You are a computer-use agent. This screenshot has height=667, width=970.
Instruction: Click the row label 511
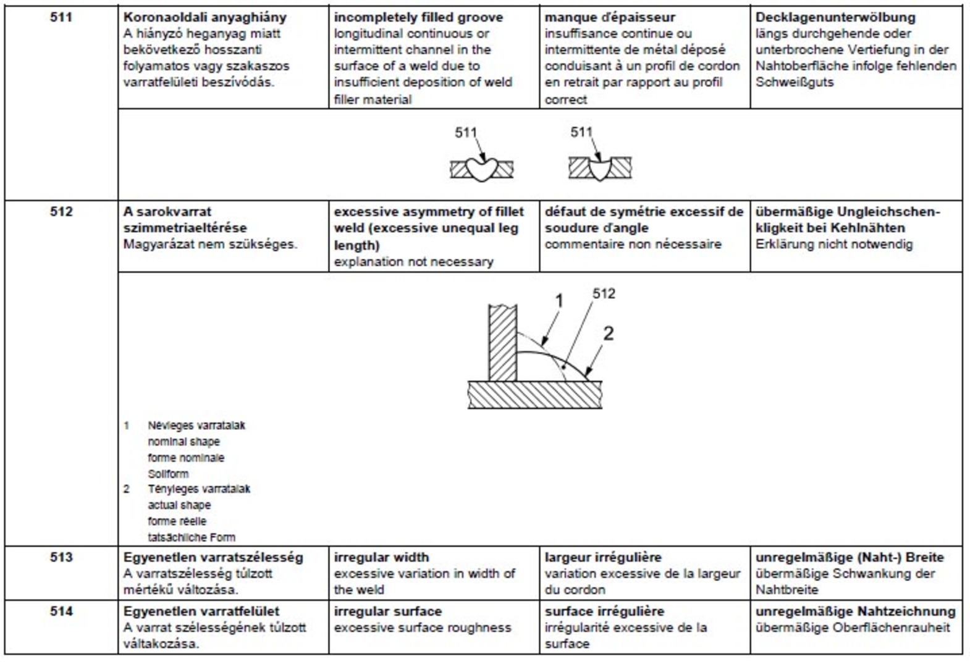click(61, 17)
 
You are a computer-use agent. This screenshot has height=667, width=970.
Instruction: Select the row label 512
click(61, 212)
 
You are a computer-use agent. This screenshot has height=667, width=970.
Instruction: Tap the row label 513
click(61, 557)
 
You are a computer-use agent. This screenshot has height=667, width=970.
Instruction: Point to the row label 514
click(61, 611)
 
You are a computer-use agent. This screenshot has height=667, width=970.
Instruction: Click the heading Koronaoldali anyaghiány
click(205, 18)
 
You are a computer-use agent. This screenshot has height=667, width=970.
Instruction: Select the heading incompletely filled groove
click(418, 18)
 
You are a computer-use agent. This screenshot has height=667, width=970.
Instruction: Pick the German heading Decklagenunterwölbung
click(835, 18)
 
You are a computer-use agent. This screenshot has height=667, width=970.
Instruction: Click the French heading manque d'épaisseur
click(610, 18)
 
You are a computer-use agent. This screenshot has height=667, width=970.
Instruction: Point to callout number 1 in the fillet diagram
click(559, 301)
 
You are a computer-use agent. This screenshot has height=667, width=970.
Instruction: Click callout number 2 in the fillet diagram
click(609, 333)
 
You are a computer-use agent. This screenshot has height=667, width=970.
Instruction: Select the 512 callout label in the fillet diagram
click(604, 294)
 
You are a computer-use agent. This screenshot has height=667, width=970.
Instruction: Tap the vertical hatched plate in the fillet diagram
click(503, 343)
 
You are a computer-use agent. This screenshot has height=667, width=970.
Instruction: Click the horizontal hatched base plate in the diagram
click(535, 395)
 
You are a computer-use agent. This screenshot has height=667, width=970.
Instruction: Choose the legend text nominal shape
click(184, 442)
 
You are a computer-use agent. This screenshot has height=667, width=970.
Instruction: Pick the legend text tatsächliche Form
click(192, 537)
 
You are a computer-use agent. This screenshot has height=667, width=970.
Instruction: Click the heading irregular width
click(381, 558)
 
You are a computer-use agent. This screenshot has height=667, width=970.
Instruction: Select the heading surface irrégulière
click(604, 611)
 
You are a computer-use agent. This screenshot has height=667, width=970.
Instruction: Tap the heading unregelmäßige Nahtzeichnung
click(855, 611)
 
